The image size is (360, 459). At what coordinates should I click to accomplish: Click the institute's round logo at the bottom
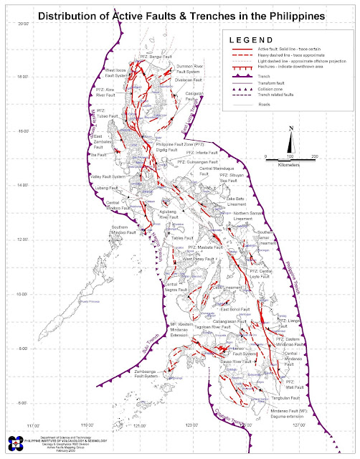[10, 441]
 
